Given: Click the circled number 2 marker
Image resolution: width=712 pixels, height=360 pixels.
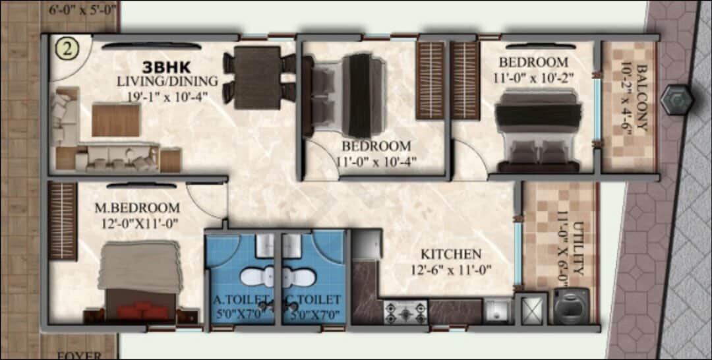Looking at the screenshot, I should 67,49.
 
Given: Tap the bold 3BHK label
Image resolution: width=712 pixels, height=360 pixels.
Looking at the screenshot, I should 167,67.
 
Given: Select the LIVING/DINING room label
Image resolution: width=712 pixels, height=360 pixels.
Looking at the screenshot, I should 167,81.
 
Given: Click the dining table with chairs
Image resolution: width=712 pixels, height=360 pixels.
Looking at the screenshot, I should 259,76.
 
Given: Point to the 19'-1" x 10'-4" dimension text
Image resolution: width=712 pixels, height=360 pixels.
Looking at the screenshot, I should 167,95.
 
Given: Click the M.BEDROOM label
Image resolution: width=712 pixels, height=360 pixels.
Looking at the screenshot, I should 137,208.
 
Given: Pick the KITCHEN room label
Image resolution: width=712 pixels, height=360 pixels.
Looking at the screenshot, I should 452,253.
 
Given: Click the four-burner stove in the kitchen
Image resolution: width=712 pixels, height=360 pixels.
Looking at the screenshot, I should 405,311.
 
